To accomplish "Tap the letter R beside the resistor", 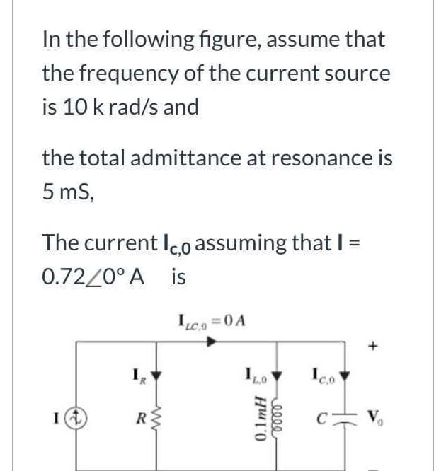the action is pyautogui.click(x=144, y=426).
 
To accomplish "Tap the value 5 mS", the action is pyautogui.click(x=68, y=191).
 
